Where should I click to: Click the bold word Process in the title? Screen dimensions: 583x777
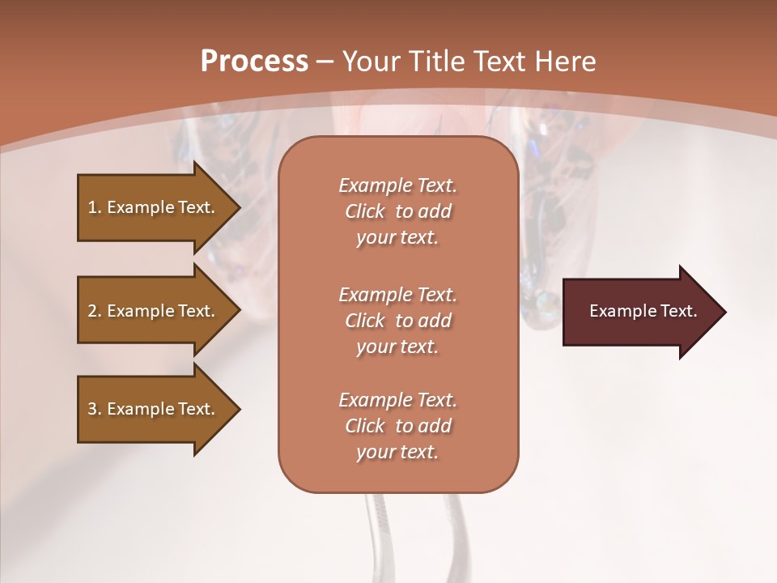tap(254, 61)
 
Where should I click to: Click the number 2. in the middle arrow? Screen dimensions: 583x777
tap(95, 311)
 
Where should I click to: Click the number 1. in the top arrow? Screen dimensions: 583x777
tap(95, 207)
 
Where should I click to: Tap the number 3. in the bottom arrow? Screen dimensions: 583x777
tap(95, 409)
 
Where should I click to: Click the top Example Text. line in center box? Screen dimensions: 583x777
tap(397, 185)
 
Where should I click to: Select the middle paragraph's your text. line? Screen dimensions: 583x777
tap(397, 347)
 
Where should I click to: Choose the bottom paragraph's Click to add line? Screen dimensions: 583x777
tap(397, 426)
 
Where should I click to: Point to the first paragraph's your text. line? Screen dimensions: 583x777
tap(397, 237)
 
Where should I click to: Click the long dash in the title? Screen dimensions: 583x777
tap(325, 62)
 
